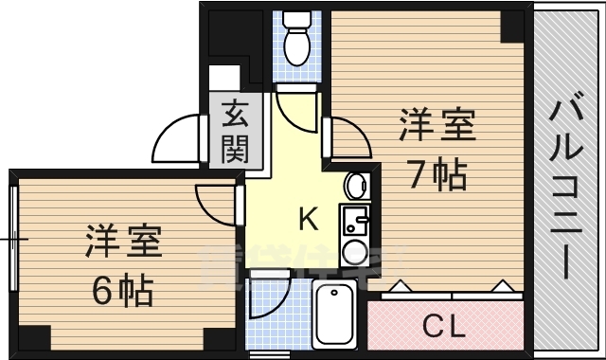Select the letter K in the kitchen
tap(308, 220)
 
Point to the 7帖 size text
tap(437, 174)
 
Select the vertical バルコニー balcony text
tap(568, 185)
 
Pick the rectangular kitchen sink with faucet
tap(356, 220)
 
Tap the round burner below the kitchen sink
tap(356, 252)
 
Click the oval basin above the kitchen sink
tap(356, 186)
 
